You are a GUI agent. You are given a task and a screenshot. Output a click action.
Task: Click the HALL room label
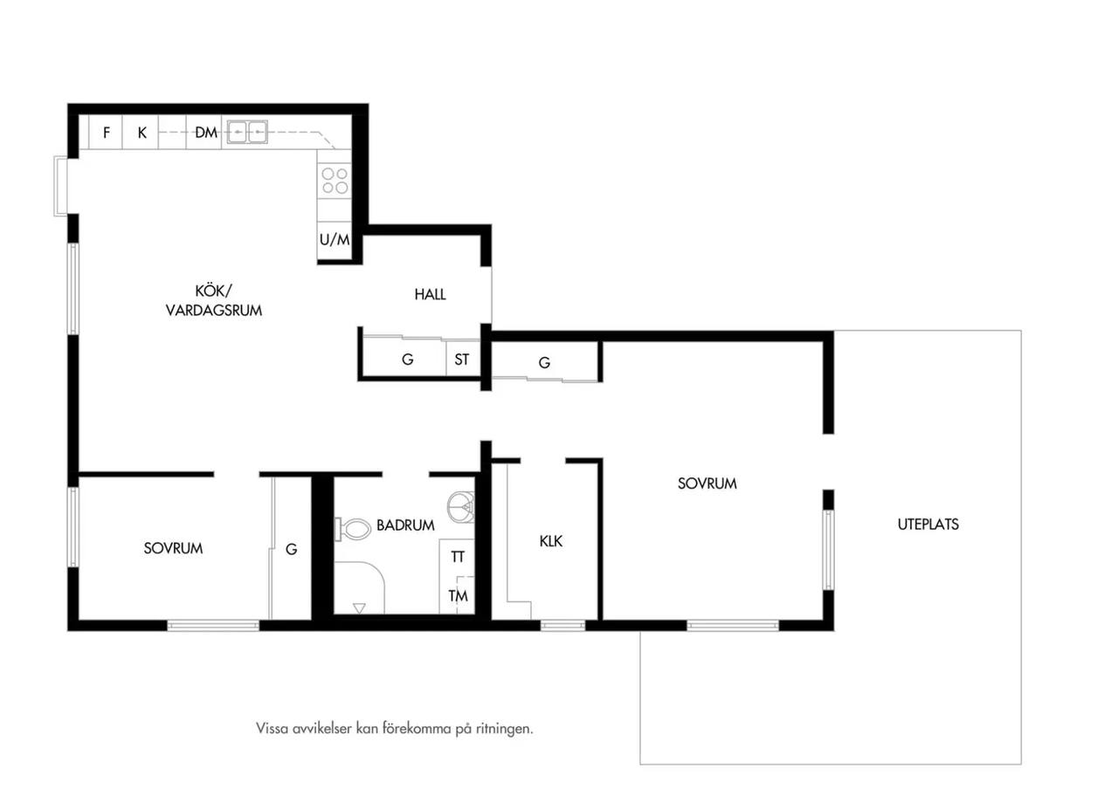430,294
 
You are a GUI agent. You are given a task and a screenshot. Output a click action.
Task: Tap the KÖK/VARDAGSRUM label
214,301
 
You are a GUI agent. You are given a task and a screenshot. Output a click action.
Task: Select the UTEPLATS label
928,525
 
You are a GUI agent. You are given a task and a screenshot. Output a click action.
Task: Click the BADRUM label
405,525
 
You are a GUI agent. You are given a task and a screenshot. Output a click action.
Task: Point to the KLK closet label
550,541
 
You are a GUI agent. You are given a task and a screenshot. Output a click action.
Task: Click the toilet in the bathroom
353,529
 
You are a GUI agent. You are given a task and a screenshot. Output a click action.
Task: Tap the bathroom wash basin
460,507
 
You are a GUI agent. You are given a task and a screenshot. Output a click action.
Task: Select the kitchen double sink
247,132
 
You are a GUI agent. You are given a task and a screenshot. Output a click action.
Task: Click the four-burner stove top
335,181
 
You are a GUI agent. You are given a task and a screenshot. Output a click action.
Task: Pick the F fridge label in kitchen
107,133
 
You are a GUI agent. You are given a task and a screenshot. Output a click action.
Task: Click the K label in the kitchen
142,133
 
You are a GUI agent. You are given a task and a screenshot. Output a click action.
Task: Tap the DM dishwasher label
206,133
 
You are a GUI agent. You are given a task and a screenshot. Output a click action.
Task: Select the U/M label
335,240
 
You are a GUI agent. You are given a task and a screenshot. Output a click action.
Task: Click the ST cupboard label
462,359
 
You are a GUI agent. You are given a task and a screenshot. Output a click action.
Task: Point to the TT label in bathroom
458,557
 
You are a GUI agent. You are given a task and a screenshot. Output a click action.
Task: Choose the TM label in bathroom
458,595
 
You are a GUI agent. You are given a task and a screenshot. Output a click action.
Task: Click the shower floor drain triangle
359,608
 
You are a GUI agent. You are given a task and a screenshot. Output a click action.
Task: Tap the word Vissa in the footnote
272,729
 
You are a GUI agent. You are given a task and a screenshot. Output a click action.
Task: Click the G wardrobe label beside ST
408,359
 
